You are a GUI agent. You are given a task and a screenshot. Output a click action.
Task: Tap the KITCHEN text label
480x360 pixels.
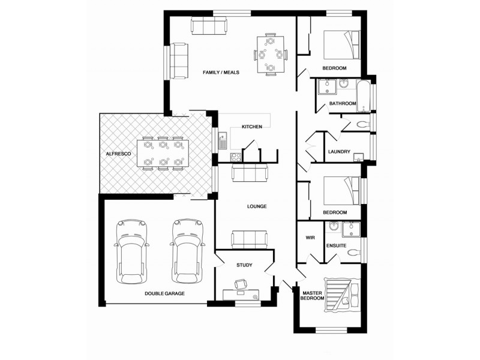click(x=251, y=127)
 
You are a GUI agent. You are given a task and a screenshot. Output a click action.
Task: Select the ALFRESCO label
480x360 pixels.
click(x=118, y=154)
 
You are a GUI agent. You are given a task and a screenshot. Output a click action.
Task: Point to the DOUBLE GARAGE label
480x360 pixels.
click(x=164, y=293)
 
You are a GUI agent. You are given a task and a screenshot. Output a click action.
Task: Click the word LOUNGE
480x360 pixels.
click(x=256, y=206)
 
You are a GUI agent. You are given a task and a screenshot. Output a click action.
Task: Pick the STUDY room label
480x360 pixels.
click(x=244, y=265)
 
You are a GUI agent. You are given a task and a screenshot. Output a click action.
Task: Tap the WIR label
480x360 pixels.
click(x=310, y=238)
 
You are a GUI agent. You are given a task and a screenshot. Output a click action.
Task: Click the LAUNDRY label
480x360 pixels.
click(x=339, y=152)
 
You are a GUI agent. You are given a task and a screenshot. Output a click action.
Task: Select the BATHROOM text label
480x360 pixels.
click(x=343, y=104)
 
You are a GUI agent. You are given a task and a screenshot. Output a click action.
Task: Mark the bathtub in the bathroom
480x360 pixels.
click(x=364, y=94)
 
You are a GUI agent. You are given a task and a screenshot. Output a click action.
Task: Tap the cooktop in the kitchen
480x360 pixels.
click(x=235, y=158)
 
